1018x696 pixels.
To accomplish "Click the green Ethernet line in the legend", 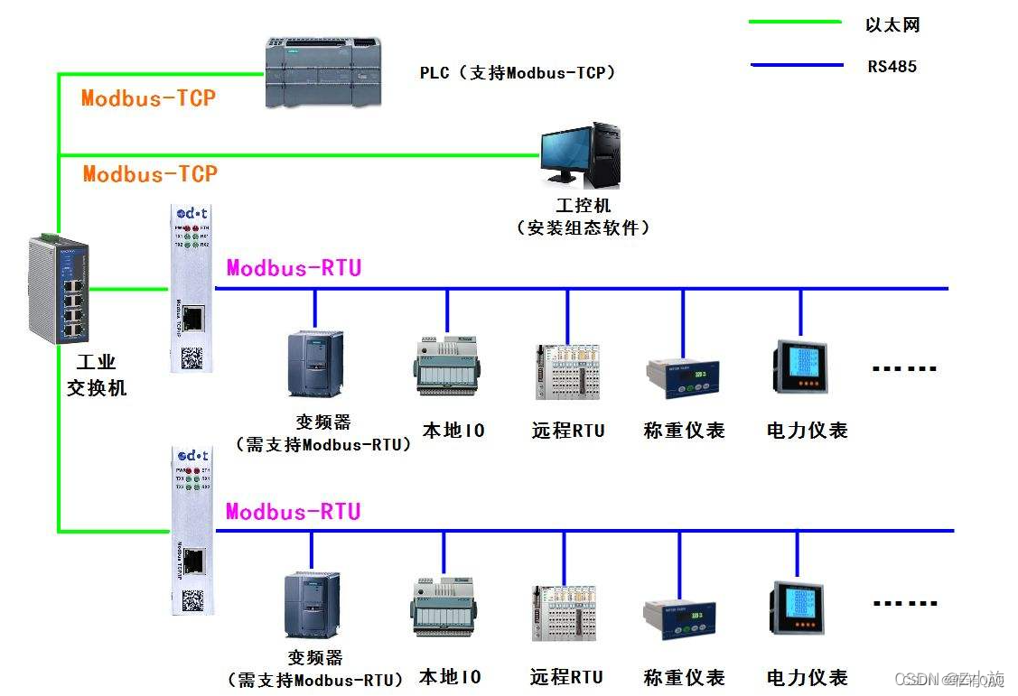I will click(795, 23).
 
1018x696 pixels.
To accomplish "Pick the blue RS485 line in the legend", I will click(795, 65).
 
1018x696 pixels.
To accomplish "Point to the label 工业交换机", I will click(97, 376).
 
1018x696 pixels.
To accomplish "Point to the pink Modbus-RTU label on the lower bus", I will click(293, 512).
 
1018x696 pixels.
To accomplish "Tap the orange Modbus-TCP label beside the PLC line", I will click(149, 98).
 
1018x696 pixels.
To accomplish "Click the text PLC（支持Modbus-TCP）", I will click(518, 73).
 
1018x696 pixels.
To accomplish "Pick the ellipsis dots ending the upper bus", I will click(904, 368).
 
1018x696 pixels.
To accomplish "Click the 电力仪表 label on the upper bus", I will click(807, 431).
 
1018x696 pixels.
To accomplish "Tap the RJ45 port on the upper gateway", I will click(193, 317).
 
